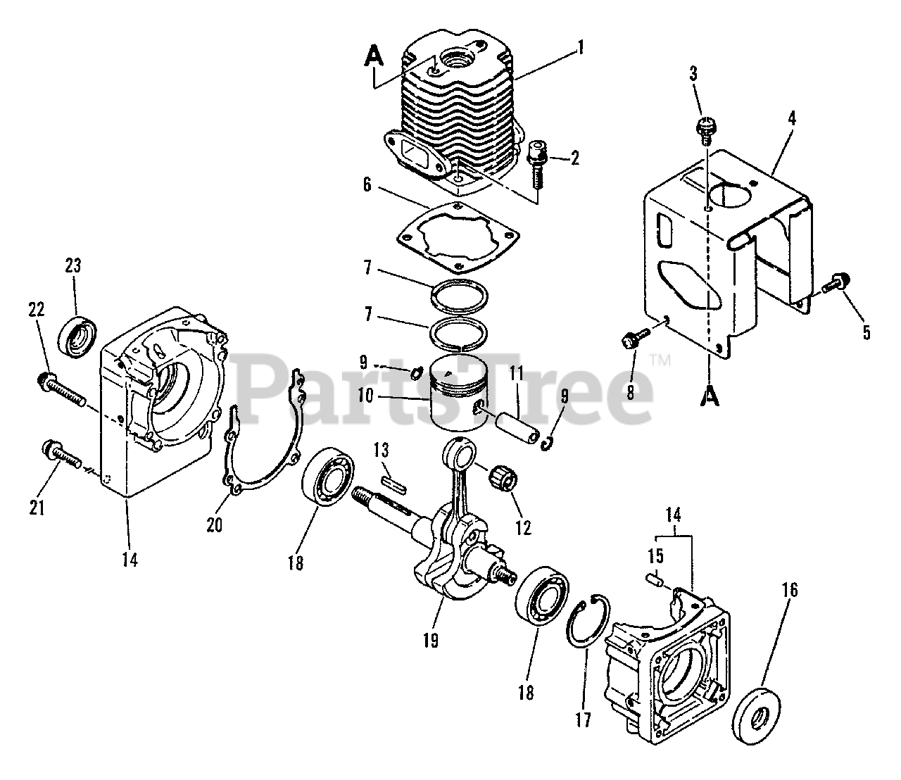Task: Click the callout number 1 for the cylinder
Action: pyautogui.click(x=581, y=48)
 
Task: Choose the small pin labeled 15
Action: pyautogui.click(x=654, y=580)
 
